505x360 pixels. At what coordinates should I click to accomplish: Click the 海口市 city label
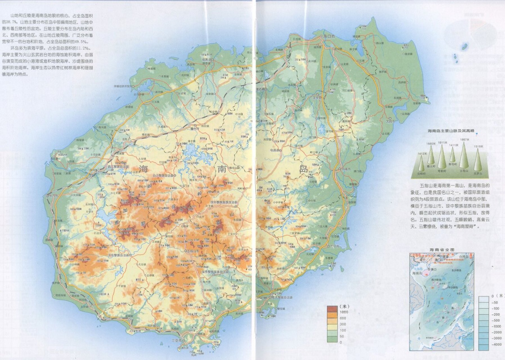[x=329, y=37]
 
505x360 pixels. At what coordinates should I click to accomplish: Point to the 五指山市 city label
[x=193, y=251]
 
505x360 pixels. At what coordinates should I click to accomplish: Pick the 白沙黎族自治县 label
[x=163, y=175]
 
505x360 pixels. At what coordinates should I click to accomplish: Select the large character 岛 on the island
[x=303, y=169]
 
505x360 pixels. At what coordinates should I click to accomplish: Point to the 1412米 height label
[x=422, y=154]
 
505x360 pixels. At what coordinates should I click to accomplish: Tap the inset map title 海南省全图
[x=442, y=250]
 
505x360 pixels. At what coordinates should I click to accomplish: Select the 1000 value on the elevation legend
[x=344, y=312]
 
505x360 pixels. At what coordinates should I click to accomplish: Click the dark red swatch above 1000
[x=332, y=308]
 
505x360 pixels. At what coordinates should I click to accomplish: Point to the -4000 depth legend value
[x=497, y=344]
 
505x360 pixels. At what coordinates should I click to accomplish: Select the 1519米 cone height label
[x=478, y=146]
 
